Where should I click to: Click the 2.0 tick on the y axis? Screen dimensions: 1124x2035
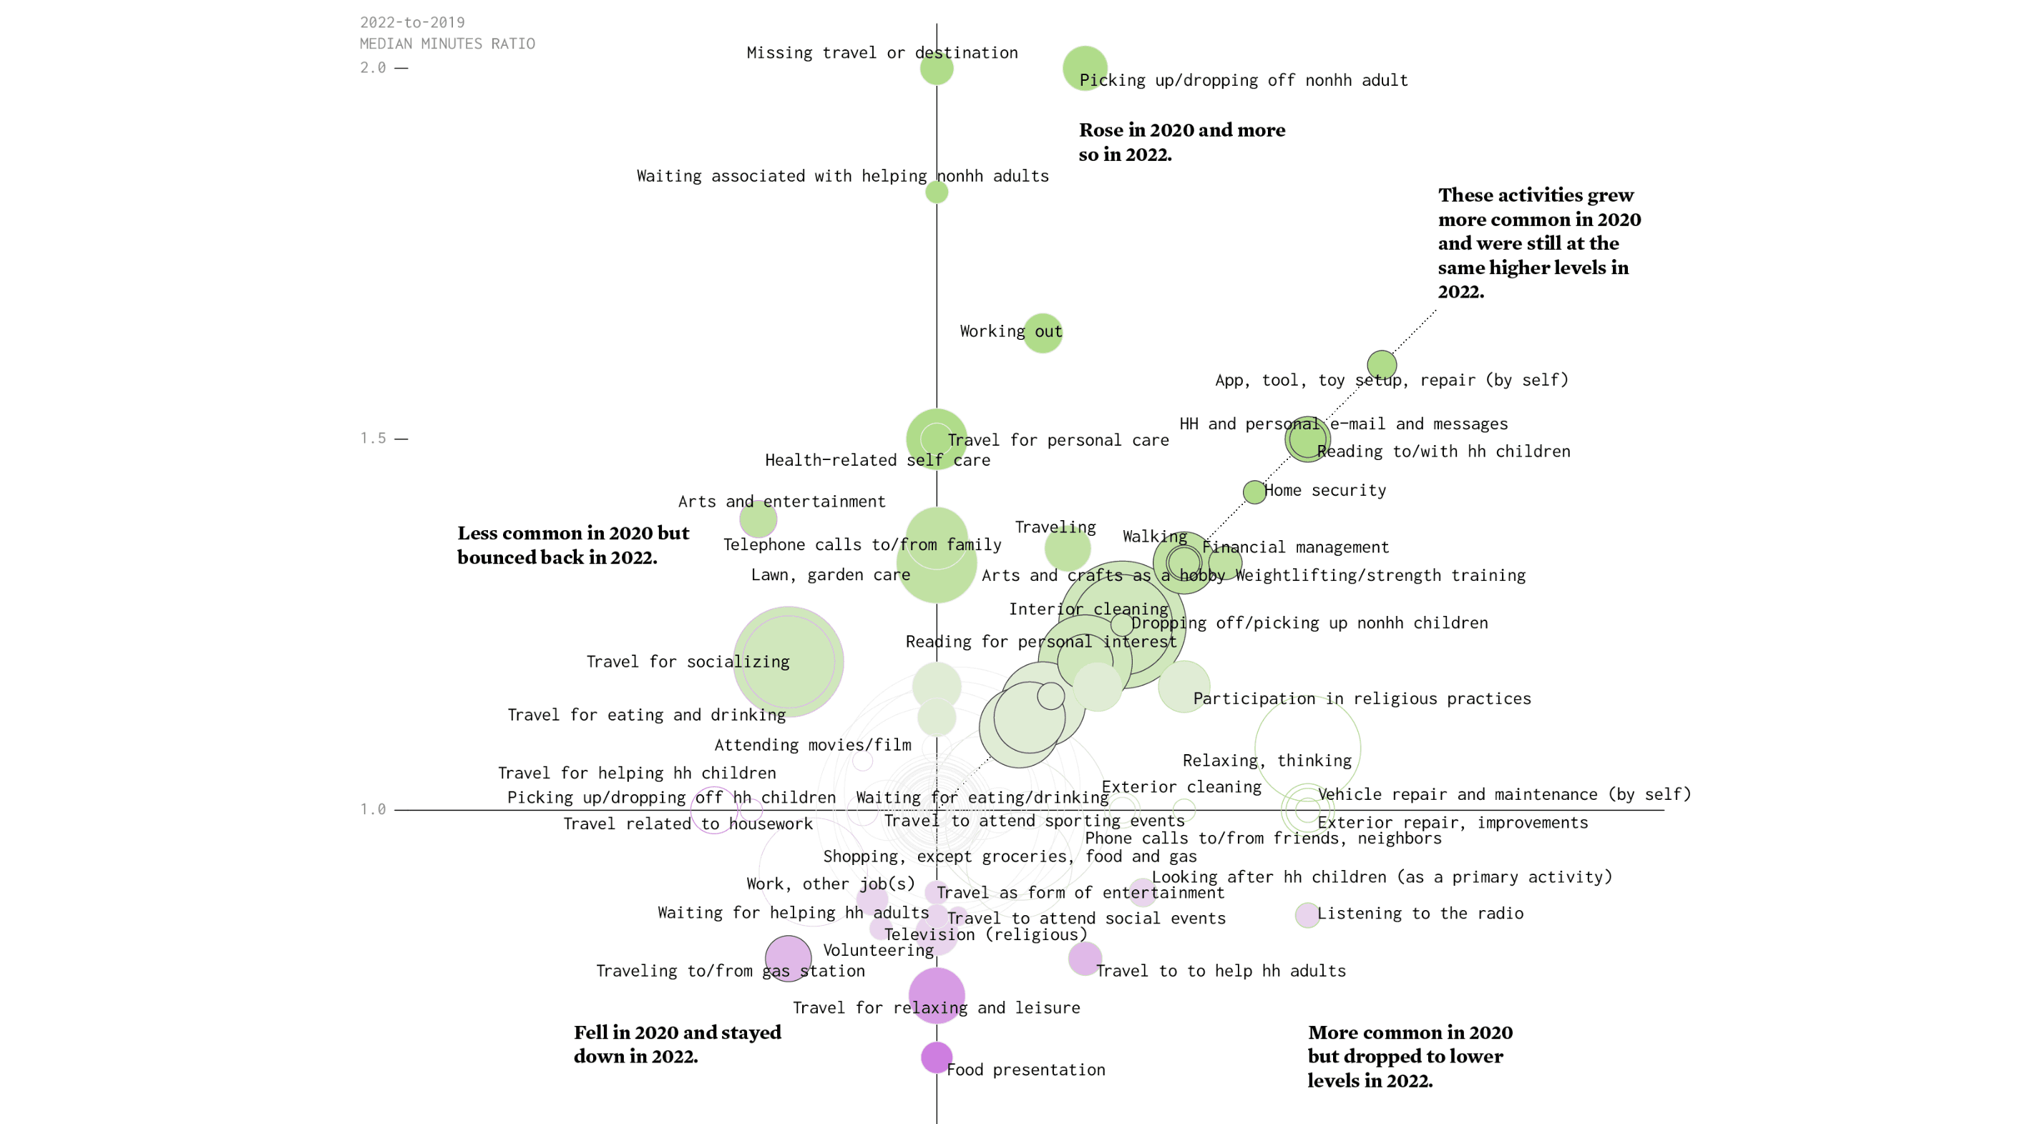[374, 68]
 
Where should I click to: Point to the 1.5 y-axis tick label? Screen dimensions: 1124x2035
[374, 439]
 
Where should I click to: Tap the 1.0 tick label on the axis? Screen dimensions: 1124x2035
[374, 809]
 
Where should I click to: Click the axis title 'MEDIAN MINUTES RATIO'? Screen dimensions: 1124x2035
[447, 44]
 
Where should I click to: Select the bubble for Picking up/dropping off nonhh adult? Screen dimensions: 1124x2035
[1085, 68]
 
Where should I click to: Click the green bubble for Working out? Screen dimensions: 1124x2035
[1043, 333]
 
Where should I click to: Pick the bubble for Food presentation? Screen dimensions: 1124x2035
[936, 1057]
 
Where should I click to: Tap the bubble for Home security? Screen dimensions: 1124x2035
[1254, 492]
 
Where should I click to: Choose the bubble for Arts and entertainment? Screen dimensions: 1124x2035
[758, 519]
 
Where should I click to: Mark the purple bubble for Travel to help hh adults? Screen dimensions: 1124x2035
[1085, 959]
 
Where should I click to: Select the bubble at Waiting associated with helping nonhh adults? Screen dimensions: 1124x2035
[936, 192]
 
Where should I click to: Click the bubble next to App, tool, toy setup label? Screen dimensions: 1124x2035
[1382, 365]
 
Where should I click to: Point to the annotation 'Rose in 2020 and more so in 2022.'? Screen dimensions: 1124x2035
[1182, 142]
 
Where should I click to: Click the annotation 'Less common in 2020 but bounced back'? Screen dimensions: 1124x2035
[572, 545]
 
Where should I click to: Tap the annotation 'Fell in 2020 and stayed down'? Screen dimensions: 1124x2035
[677, 1044]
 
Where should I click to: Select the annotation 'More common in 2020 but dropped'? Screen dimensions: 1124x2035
[1410, 1056]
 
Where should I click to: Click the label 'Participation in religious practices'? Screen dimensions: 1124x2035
[1362, 699]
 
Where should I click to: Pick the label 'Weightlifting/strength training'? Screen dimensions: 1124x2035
[1380, 576]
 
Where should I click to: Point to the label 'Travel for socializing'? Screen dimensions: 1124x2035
[688, 662]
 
